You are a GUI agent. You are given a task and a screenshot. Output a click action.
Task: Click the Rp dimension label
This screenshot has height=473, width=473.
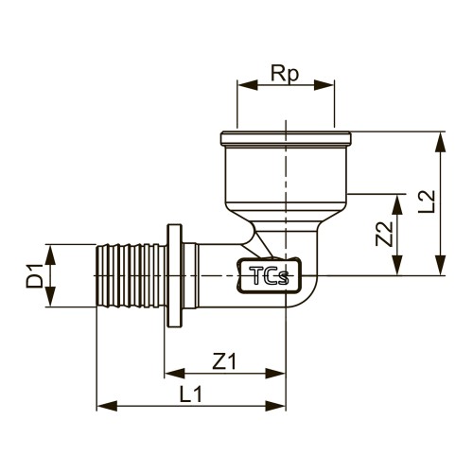point(285,75)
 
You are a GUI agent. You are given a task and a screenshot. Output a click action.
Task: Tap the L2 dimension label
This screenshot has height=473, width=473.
point(427,201)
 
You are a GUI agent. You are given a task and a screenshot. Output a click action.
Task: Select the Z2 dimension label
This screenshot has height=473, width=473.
point(384,234)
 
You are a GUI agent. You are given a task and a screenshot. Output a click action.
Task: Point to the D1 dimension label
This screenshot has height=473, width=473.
point(34,276)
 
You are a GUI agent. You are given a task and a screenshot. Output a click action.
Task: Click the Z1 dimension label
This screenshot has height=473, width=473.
point(224,361)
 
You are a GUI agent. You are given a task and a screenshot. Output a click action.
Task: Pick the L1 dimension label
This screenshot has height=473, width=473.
point(191,394)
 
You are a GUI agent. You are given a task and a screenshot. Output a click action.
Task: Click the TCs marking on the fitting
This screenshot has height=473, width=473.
point(269,275)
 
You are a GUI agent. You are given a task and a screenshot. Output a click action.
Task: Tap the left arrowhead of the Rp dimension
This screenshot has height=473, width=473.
point(248,85)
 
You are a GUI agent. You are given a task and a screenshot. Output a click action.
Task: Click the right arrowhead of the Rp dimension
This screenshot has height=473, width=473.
point(324,85)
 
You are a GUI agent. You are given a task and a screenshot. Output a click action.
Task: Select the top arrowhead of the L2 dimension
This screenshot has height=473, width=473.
point(441,142)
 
